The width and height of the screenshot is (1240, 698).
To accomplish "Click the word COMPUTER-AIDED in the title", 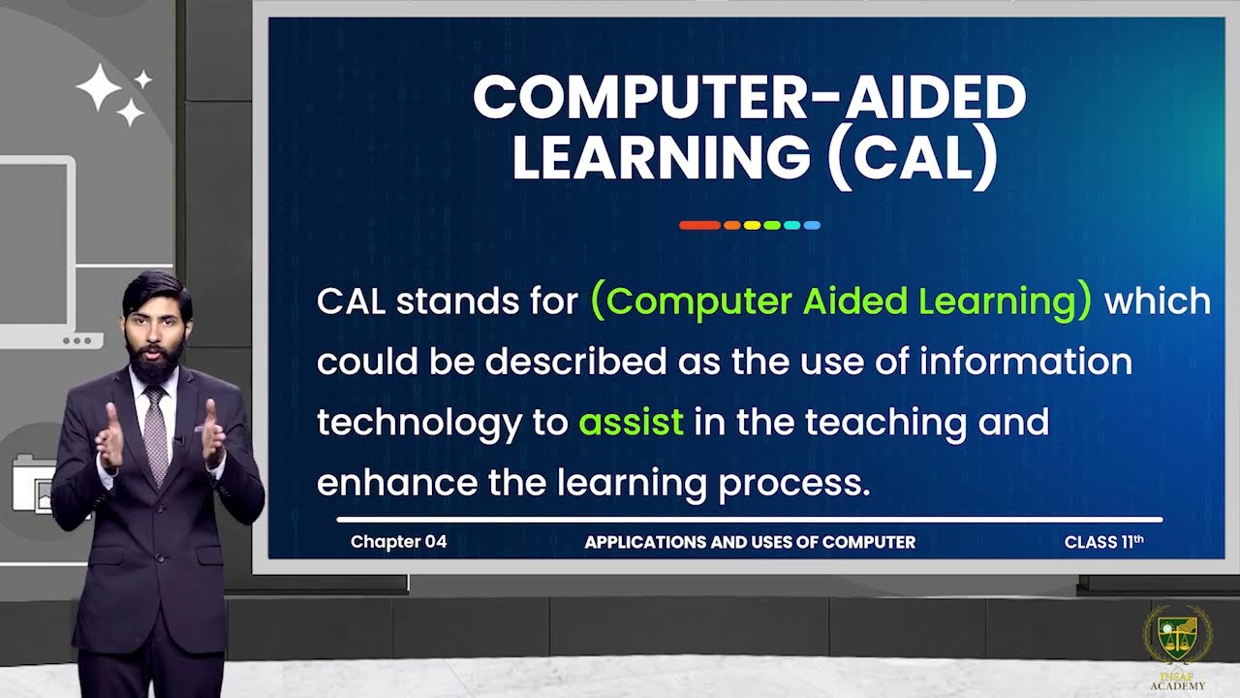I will (x=748, y=97).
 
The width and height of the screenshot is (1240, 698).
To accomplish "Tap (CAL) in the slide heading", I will (x=912, y=158).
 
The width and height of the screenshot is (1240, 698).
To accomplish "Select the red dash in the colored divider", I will (x=699, y=225).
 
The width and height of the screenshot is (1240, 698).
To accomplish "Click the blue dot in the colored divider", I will (x=812, y=225).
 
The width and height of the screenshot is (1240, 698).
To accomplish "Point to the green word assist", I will (x=631, y=422).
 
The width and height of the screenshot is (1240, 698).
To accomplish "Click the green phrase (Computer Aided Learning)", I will (x=840, y=301).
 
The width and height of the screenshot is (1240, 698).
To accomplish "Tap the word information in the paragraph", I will (x=1026, y=362).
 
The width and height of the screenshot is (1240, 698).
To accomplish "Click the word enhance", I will (x=396, y=482).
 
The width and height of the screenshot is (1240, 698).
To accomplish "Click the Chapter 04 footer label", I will (x=398, y=542).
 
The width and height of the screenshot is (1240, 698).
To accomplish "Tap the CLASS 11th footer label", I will (x=1103, y=542).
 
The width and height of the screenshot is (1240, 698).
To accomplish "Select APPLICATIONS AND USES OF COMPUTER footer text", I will (x=749, y=542).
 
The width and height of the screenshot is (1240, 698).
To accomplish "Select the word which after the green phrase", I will (x=1157, y=301).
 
